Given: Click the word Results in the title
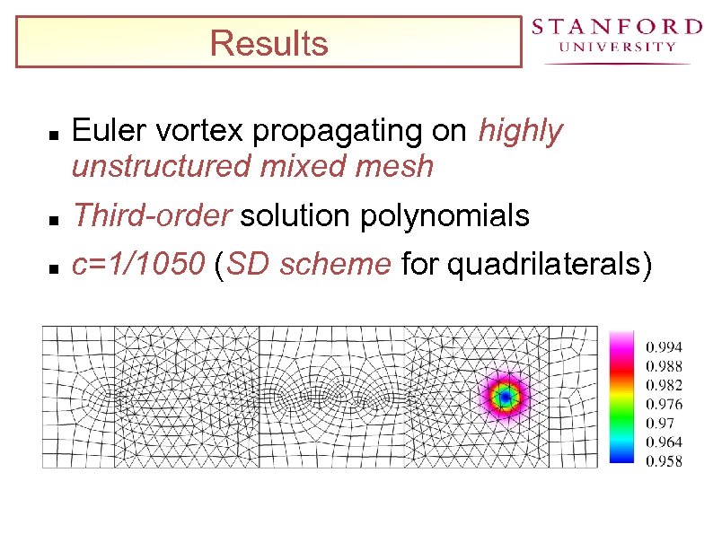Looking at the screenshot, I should pos(268,43).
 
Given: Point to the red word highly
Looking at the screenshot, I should pos(520,132).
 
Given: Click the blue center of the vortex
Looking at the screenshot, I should pos(505,396).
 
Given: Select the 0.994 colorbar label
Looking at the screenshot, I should pos(665,346).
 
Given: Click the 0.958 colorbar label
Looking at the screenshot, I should pos(665,461).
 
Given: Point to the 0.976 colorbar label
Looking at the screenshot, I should pos(665,404).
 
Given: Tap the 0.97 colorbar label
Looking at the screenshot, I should pos(661,423).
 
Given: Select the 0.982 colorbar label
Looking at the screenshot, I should pos(665,385).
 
